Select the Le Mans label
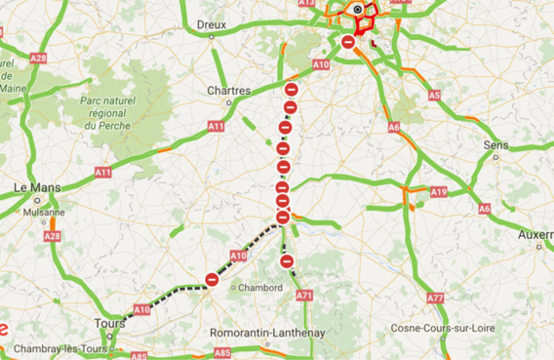pyautogui.click(x=36, y=187)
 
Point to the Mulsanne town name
pyautogui.click(x=45, y=211)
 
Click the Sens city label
pyautogui.click(x=495, y=144)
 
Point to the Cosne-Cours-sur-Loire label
pyautogui.click(x=443, y=328)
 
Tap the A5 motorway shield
pyautogui.click(x=433, y=95)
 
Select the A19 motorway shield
pyautogui.click(x=439, y=192)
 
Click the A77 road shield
pyautogui.click(x=435, y=297)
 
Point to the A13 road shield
pyautogui.click(x=306, y=3)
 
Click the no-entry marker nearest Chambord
pyautogui.click(x=212, y=280)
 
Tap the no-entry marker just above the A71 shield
pyautogui.click(x=287, y=260)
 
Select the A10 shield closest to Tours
pyautogui.click(x=141, y=309)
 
